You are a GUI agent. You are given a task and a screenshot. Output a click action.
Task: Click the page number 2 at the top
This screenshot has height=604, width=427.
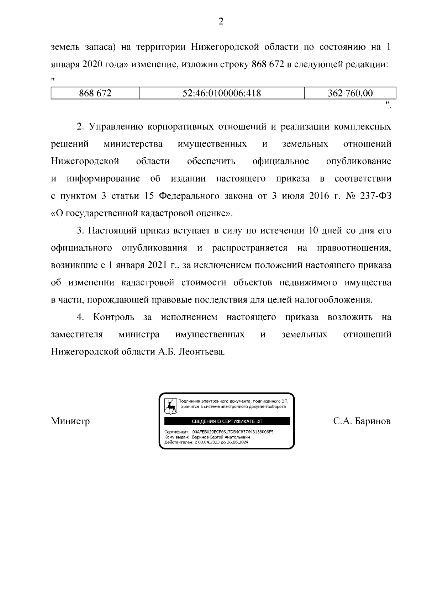pyautogui.click(x=221, y=22)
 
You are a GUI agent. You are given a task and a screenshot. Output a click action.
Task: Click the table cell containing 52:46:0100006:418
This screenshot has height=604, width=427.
pyautogui.click(x=221, y=93)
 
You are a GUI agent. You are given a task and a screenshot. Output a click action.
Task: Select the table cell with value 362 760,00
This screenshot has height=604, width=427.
pyautogui.click(x=350, y=93)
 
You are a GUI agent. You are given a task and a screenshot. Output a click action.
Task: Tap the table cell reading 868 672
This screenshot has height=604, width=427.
pyautogui.click(x=95, y=93)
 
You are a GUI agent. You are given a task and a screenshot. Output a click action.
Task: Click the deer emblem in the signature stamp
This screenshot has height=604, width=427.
pyautogui.click(x=171, y=406)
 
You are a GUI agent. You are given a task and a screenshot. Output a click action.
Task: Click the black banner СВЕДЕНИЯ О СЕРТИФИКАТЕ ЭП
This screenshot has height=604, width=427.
pyautogui.click(x=227, y=421)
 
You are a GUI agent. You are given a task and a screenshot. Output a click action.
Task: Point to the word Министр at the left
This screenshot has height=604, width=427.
pyautogui.click(x=70, y=421)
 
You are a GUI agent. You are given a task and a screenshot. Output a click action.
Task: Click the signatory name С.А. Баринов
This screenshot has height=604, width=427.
pyautogui.click(x=362, y=421)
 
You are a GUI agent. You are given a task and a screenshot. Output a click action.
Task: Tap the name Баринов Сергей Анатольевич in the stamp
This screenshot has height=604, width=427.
pyautogui.click(x=221, y=437)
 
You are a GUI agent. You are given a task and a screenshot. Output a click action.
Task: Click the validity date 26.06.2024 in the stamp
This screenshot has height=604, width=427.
pyautogui.click(x=238, y=442)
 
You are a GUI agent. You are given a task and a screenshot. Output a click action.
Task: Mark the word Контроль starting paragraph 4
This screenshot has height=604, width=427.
pyautogui.click(x=114, y=317)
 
